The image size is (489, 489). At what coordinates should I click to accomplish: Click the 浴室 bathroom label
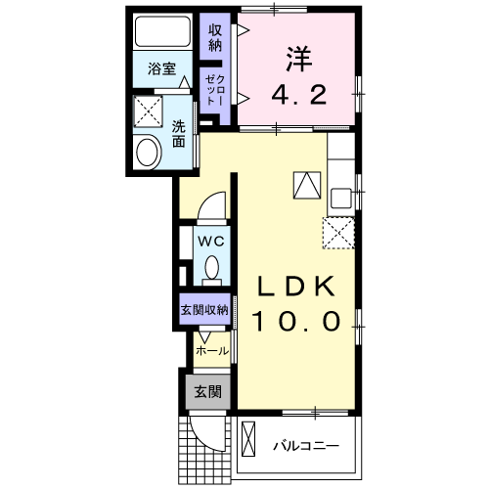pyautogui.click(x=162, y=68)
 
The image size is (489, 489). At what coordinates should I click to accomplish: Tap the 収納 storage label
pyautogui.click(x=215, y=37)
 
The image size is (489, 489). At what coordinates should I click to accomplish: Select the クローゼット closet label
pyautogui.click(x=214, y=89)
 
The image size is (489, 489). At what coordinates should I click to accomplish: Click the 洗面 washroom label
pyautogui.click(x=179, y=133)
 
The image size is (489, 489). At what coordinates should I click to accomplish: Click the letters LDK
pyautogui.click(x=297, y=286)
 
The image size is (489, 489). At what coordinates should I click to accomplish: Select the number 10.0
pyautogui.click(x=297, y=320)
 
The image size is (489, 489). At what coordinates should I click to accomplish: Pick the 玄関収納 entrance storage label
pyautogui.click(x=203, y=309)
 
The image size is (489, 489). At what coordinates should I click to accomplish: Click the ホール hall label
pyautogui.click(x=212, y=350)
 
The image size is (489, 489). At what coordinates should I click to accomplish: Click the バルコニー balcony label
pyautogui.click(x=305, y=446)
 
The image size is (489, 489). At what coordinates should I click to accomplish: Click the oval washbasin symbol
pyautogui.click(x=149, y=153)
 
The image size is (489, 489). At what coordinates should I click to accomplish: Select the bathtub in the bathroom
pyautogui.click(x=162, y=35)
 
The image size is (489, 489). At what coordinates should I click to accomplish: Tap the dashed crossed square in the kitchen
pyautogui.click(x=338, y=231)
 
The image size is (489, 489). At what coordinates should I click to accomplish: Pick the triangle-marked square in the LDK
pyautogui.click(x=305, y=183)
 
